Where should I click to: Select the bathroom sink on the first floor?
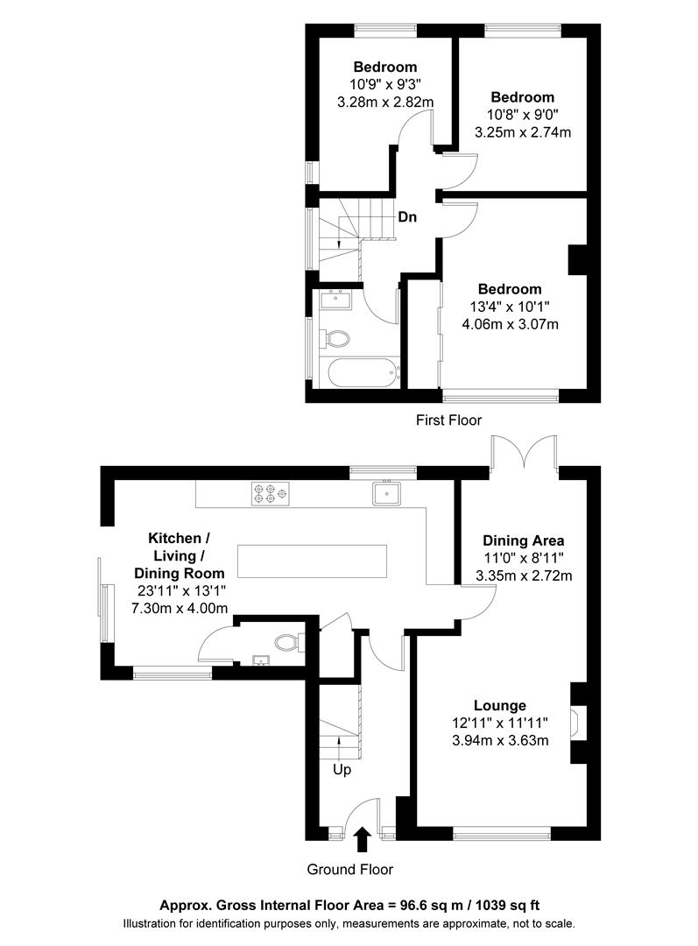coord(336,300)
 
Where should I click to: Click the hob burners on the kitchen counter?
coord(269,495)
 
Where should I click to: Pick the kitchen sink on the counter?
coord(385,494)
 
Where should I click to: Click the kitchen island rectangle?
coord(312,558)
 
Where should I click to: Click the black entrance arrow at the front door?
coord(361,841)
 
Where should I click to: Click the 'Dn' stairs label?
coord(406,217)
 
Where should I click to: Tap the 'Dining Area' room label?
coord(523,540)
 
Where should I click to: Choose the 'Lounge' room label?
coord(499,705)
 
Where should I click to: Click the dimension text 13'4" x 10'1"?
coord(510,307)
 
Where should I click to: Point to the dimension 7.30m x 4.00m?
coord(179,608)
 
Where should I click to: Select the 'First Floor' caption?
coord(448,420)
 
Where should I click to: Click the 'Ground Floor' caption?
coord(349,870)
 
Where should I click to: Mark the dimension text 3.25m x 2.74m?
coord(522,132)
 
